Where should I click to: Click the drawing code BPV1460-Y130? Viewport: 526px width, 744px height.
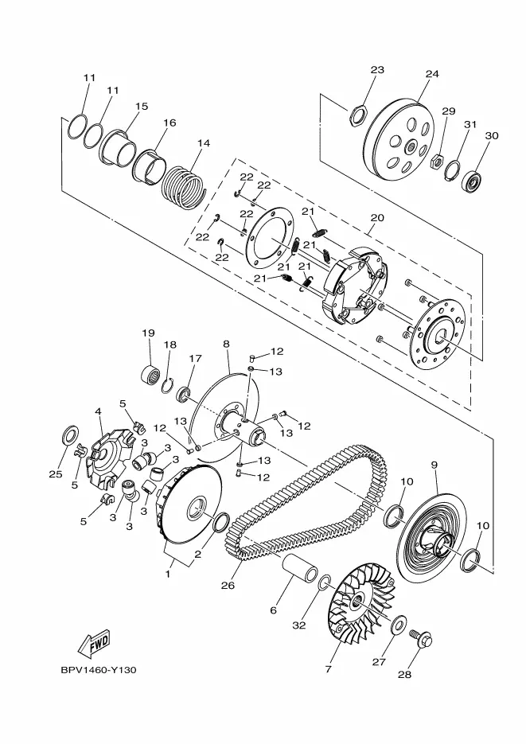coord(99,670)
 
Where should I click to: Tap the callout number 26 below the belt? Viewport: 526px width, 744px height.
coord(228,585)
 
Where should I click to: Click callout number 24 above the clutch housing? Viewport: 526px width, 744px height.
coord(432,73)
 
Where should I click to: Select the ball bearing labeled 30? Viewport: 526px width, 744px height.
coord(473,180)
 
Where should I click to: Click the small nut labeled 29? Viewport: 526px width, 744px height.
coord(436,161)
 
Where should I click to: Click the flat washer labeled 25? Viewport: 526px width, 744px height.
coord(71,434)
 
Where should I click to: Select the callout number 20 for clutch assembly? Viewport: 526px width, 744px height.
coord(377,218)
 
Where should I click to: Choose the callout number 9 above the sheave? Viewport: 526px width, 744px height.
coord(434,465)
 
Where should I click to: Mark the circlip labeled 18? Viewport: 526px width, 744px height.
coord(166,385)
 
